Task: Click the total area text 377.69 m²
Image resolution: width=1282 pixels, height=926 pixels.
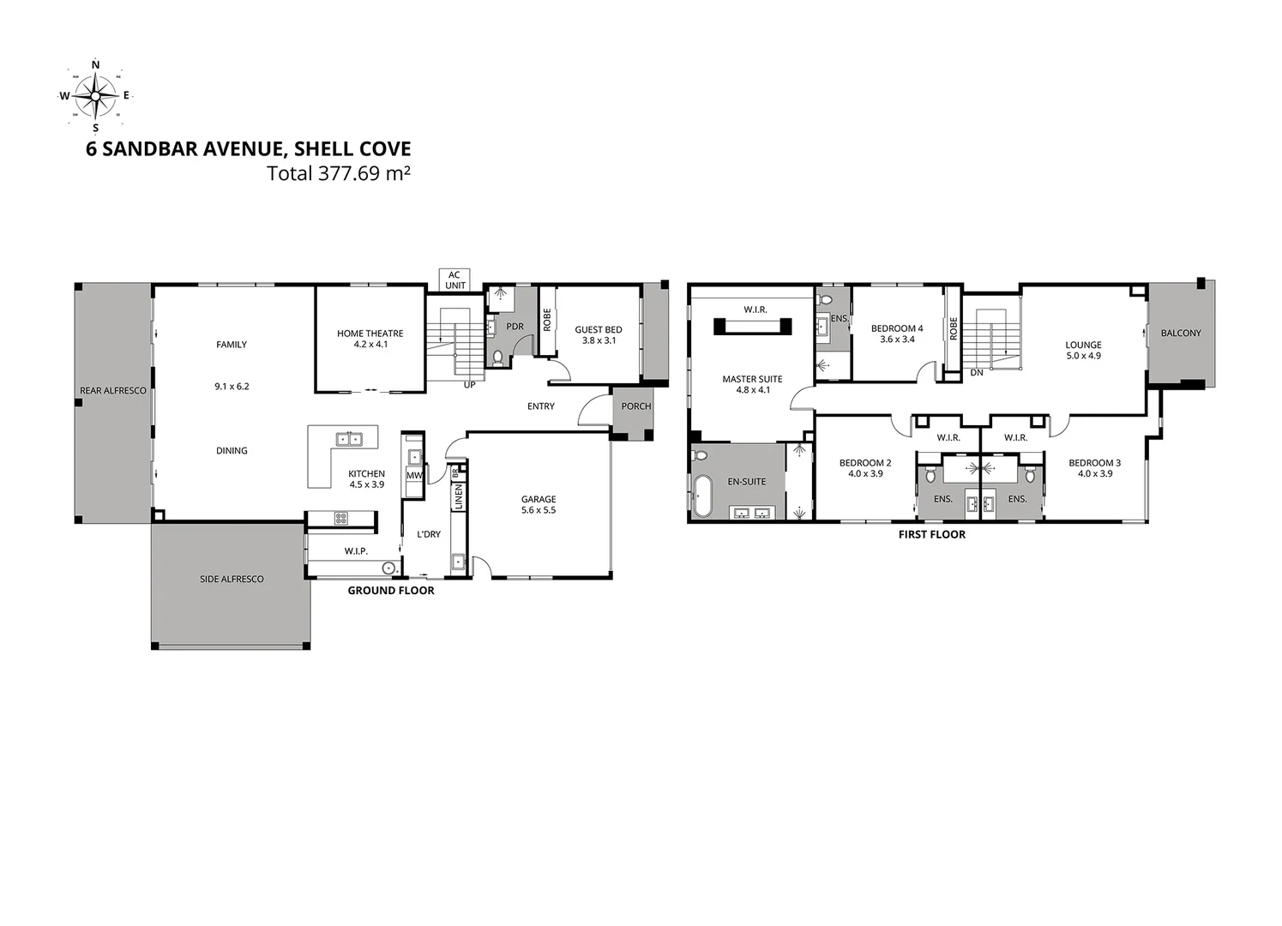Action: [x=339, y=173]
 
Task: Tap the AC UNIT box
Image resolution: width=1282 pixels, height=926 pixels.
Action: [x=454, y=280]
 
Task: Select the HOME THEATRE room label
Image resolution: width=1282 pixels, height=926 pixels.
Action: [x=370, y=334]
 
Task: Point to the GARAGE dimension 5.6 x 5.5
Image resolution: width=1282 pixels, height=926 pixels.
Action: [x=539, y=510]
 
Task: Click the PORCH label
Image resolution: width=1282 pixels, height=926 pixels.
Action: [x=635, y=406]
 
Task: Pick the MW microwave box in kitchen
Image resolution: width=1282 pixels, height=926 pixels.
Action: [x=414, y=476]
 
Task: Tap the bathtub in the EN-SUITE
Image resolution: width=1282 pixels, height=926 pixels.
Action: [x=702, y=497]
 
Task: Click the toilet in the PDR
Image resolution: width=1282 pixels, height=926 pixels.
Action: [x=497, y=357]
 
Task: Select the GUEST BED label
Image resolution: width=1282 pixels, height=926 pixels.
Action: [x=598, y=329]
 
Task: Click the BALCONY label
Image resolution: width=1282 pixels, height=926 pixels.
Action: [x=1181, y=333]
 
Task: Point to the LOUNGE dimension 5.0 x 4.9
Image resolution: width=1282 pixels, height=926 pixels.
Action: [x=1083, y=356]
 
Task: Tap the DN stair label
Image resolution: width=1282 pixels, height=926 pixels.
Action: [x=976, y=373]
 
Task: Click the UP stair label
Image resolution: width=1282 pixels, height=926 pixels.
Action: [x=469, y=385]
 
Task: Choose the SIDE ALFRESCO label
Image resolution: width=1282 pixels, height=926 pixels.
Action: [x=232, y=579]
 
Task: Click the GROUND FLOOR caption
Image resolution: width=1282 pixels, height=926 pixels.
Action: [x=390, y=591]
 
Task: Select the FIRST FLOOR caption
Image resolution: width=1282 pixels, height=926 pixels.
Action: [x=931, y=534]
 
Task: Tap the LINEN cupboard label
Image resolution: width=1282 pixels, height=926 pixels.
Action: [x=459, y=496]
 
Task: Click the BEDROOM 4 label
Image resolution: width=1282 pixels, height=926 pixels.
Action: [x=897, y=328]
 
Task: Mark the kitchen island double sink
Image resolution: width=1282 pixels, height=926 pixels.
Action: [x=349, y=439]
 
